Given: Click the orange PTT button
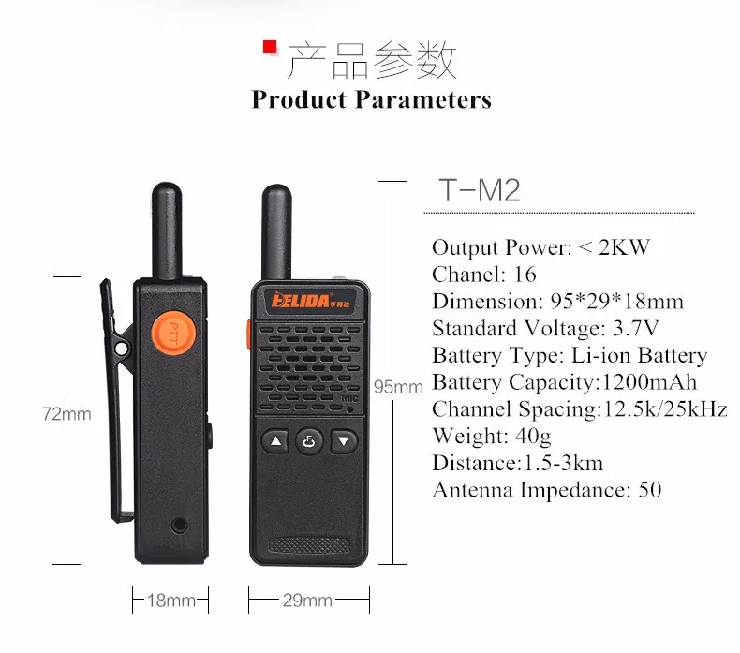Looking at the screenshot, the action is [173, 333].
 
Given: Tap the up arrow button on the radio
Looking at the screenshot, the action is [275, 441].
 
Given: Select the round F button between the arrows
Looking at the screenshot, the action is [309, 441].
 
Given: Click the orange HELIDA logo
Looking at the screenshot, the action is [311, 300].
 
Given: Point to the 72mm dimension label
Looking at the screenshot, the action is [67, 414].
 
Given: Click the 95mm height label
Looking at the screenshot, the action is [398, 387].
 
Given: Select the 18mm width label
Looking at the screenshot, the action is [170, 601].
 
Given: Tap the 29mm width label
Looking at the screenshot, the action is [307, 601].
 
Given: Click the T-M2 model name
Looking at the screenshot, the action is [479, 190].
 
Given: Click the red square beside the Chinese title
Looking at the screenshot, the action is [270, 47].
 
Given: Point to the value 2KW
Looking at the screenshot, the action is [624, 247].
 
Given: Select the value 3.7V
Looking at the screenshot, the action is [635, 328].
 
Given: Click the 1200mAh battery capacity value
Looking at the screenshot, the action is [649, 382].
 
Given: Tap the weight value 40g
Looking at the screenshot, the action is [533, 437].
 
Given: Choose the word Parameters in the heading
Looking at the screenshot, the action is [423, 99].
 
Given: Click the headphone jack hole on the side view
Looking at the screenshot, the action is [179, 525].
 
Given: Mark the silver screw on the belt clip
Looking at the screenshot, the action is [121, 349].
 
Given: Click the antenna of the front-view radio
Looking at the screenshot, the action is [276, 232].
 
